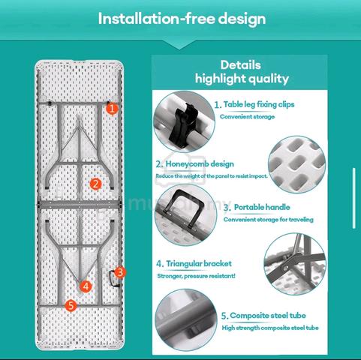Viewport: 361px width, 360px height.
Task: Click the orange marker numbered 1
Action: tap(112, 109)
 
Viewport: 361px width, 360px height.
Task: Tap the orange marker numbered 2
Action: tap(95, 184)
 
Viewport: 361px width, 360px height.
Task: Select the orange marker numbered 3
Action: tap(120, 272)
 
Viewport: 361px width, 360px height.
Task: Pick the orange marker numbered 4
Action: tap(86, 286)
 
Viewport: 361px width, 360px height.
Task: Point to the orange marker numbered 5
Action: tap(71, 305)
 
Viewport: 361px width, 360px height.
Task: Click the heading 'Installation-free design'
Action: tap(182, 19)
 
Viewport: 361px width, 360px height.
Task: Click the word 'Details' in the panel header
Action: tap(241, 65)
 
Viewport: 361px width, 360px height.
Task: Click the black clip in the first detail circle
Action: tap(182, 125)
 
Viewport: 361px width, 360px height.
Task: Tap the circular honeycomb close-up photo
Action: tap(297, 164)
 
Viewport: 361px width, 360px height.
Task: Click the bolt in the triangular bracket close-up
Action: tap(285, 268)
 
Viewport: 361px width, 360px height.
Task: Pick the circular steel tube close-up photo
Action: tap(185, 320)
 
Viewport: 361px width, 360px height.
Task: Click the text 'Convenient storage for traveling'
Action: tap(268, 220)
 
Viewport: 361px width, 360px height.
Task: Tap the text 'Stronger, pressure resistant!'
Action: tap(197, 276)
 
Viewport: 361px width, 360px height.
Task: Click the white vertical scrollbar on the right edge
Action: tap(354, 198)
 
